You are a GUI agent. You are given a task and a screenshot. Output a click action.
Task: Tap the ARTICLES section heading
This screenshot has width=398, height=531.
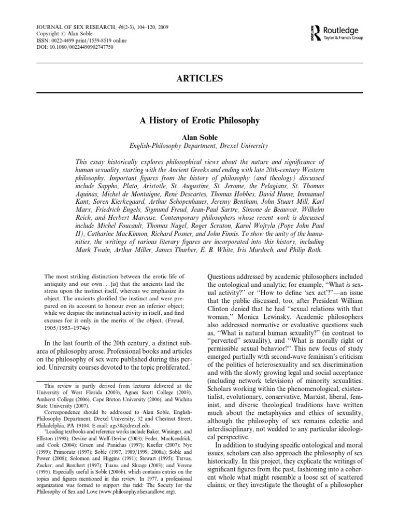[x=198, y=78]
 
